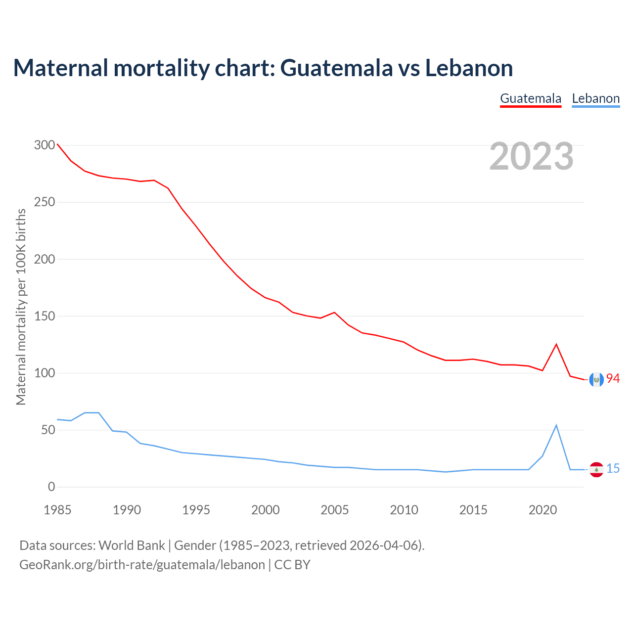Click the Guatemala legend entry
point(531,98)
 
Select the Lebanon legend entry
point(595,98)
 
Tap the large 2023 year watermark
point(531,156)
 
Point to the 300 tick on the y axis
point(45,145)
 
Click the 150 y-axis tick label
point(45,316)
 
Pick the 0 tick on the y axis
point(51,487)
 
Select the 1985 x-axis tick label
point(57,510)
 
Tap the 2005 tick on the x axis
point(335,510)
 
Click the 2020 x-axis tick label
point(543,510)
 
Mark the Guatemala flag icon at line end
point(596,379)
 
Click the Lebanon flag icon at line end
point(596,469)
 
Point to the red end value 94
point(613,379)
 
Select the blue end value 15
point(613,469)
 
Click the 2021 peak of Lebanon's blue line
point(556,425)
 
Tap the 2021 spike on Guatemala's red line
point(556,344)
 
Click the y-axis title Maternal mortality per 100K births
point(21,307)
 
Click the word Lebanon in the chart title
point(469,68)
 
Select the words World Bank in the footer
point(132,545)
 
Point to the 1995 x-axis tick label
point(196,510)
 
